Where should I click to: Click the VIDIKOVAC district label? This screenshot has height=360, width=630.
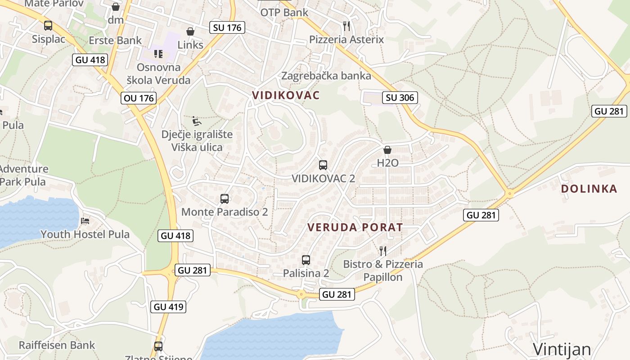pyautogui.click(x=286, y=95)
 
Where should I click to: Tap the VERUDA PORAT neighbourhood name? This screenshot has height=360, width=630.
pyautogui.click(x=355, y=227)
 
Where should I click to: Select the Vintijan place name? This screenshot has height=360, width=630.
pyautogui.click(x=562, y=349)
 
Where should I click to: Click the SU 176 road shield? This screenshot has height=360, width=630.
pyautogui.click(x=227, y=27)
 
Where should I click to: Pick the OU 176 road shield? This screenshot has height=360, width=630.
pyautogui.click(x=139, y=98)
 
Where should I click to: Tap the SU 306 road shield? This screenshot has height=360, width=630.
pyautogui.click(x=400, y=97)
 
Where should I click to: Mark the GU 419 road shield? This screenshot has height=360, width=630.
pyautogui.click(x=169, y=307)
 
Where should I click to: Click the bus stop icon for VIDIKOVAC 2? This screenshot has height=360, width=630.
pyautogui.click(x=323, y=165)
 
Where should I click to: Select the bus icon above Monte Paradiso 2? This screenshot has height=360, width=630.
pyautogui.click(x=225, y=198)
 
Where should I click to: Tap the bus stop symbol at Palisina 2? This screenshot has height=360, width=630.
pyautogui.click(x=306, y=260)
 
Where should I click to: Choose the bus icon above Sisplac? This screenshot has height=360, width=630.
pyautogui.click(x=48, y=26)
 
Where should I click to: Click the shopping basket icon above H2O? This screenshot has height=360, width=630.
pyautogui.click(x=387, y=150)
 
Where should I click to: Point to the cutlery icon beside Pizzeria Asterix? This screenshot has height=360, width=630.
pyautogui.click(x=346, y=26)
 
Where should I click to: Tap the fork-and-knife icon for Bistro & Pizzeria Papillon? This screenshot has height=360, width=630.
pyautogui.click(x=383, y=251)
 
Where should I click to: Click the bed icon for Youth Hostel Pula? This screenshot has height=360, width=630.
pyautogui.click(x=85, y=220)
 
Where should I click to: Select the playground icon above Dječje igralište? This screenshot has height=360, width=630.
pyautogui.click(x=197, y=121)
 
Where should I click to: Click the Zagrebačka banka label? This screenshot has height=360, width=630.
pyautogui.click(x=326, y=76)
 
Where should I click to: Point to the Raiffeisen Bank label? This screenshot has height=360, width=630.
pyautogui.click(x=57, y=345)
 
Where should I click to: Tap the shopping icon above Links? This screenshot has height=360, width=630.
pyautogui.click(x=190, y=31)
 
